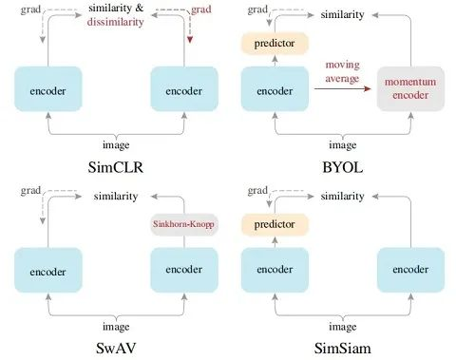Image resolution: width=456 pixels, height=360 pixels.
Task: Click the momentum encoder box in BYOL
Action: click(x=409, y=90)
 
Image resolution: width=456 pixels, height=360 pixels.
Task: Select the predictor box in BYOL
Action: click(x=275, y=44)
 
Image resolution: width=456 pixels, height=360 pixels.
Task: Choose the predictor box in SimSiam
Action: click(x=275, y=224)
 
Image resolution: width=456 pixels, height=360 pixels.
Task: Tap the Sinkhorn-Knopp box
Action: click(x=183, y=225)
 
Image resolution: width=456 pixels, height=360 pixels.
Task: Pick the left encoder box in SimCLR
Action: click(x=47, y=91)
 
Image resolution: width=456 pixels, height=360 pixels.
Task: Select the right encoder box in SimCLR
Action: click(x=182, y=91)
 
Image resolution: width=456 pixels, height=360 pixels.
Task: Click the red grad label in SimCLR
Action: click(x=201, y=9)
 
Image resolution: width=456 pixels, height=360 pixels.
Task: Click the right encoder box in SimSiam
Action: click(x=409, y=272)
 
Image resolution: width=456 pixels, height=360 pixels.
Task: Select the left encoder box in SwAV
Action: click(x=47, y=272)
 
